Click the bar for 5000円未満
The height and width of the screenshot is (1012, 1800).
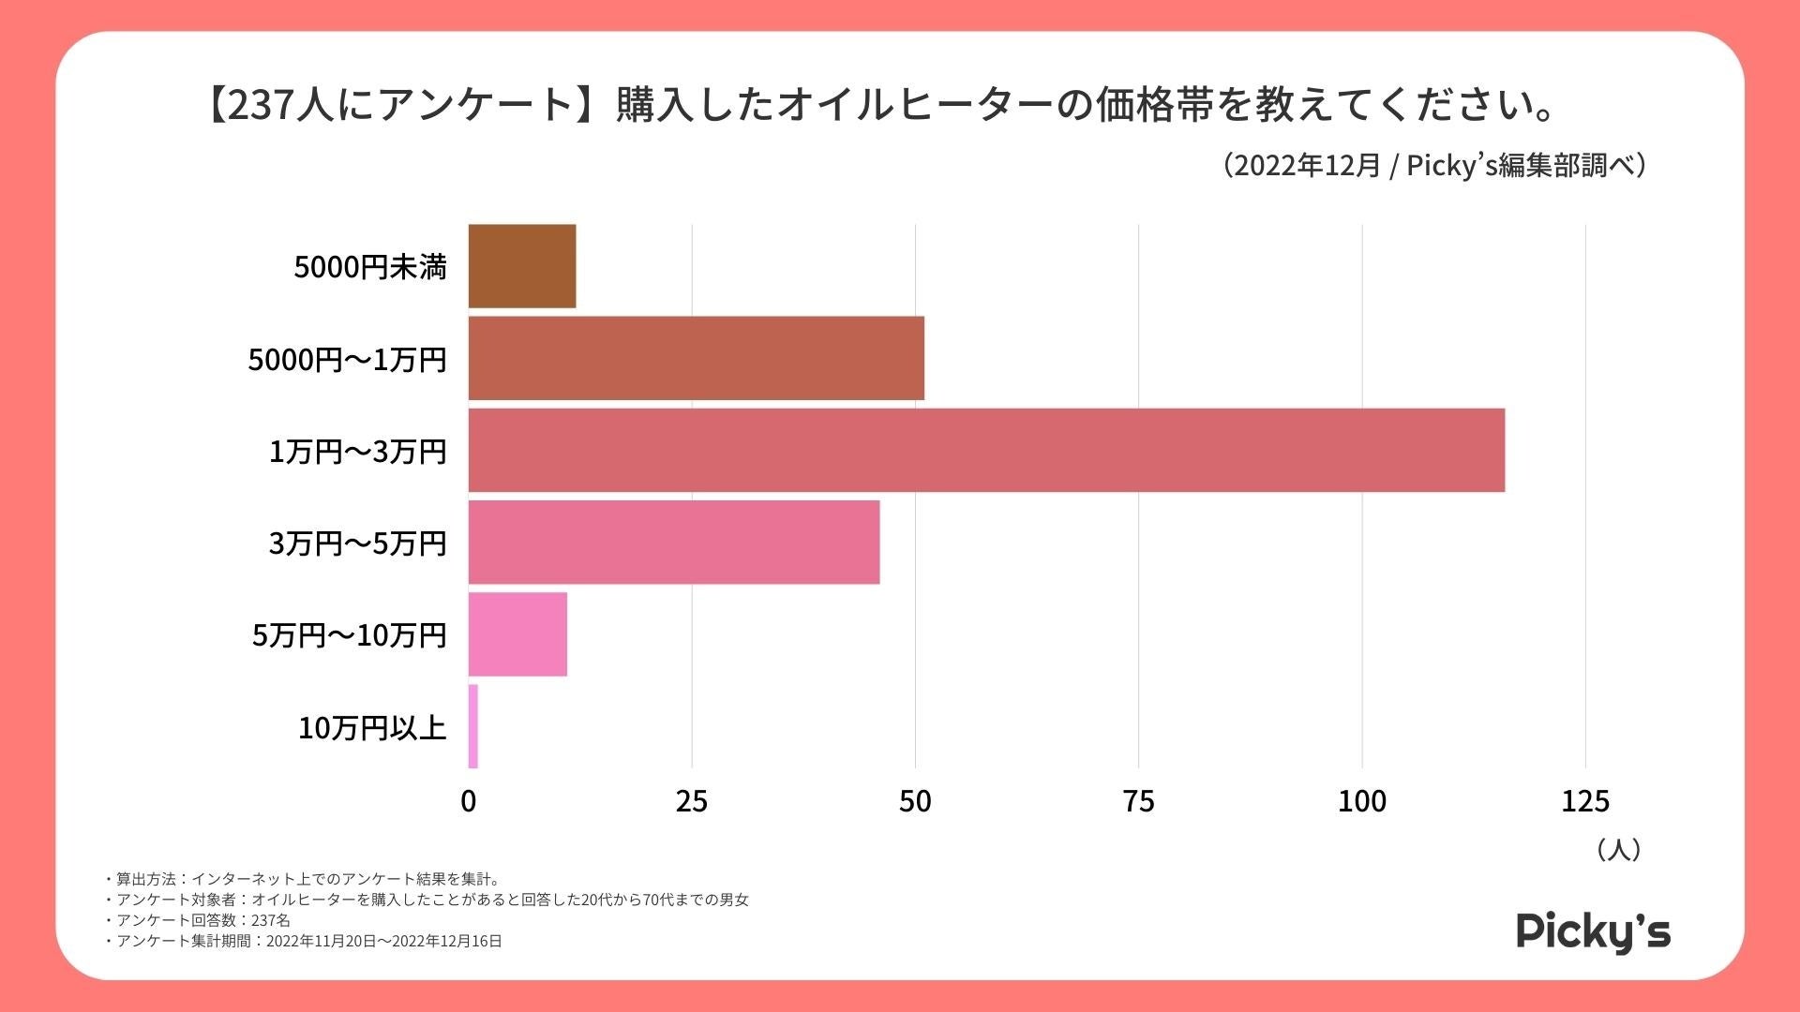[x=522, y=266]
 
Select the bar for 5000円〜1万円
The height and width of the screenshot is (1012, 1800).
[x=696, y=358]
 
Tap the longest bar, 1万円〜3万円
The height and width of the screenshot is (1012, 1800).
[x=986, y=450]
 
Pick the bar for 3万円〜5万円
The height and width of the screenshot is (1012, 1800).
[x=673, y=542]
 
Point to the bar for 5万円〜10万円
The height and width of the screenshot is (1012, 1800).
[x=517, y=633]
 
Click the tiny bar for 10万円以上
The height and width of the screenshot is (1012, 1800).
[x=473, y=726]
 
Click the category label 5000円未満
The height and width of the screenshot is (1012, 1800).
[x=370, y=267]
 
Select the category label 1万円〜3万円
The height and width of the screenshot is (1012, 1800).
[x=357, y=452]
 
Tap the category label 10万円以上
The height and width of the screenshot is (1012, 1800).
[x=372, y=727]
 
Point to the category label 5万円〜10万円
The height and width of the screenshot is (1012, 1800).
[x=349, y=635]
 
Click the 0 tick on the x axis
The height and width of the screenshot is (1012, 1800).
[x=469, y=801]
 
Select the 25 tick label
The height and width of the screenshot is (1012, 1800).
[x=692, y=801]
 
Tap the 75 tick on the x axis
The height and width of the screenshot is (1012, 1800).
[x=1138, y=801]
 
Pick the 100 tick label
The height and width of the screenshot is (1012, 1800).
[x=1361, y=801]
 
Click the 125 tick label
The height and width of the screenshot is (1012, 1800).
[x=1584, y=801]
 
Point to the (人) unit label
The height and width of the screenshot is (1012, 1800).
[x=1618, y=850]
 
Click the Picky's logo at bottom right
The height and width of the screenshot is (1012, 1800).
[x=1593, y=931]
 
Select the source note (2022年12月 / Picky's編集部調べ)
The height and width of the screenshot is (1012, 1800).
[x=1434, y=166]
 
